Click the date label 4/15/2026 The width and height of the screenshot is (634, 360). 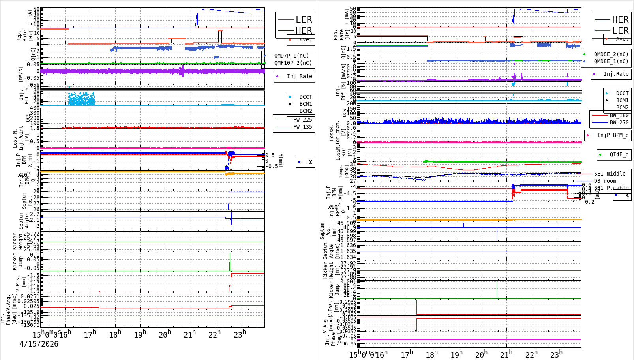pyautogui.click(x=39, y=344)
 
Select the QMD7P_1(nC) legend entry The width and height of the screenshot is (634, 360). pyautogui.click(x=291, y=56)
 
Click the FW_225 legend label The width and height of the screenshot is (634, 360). pyautogui.click(x=302, y=120)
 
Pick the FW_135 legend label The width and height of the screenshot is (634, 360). pyautogui.click(x=302, y=127)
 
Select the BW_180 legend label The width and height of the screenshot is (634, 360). pyautogui.click(x=619, y=115)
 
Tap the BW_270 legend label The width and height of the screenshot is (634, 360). pyautogui.click(x=619, y=122)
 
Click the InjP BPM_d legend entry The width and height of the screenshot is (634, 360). pyautogui.click(x=612, y=135)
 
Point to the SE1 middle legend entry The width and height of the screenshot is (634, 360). pyautogui.click(x=610, y=174)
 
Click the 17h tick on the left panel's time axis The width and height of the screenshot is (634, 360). pyautogui.click(x=90, y=335)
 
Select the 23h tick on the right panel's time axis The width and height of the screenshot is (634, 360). pyautogui.click(x=556, y=354)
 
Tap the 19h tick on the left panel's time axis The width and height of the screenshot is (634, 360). pyautogui.click(x=140, y=335)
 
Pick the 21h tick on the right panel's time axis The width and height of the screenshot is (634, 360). pyautogui.click(x=506, y=354)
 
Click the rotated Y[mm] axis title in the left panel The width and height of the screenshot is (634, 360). pyautogui.click(x=281, y=160)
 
